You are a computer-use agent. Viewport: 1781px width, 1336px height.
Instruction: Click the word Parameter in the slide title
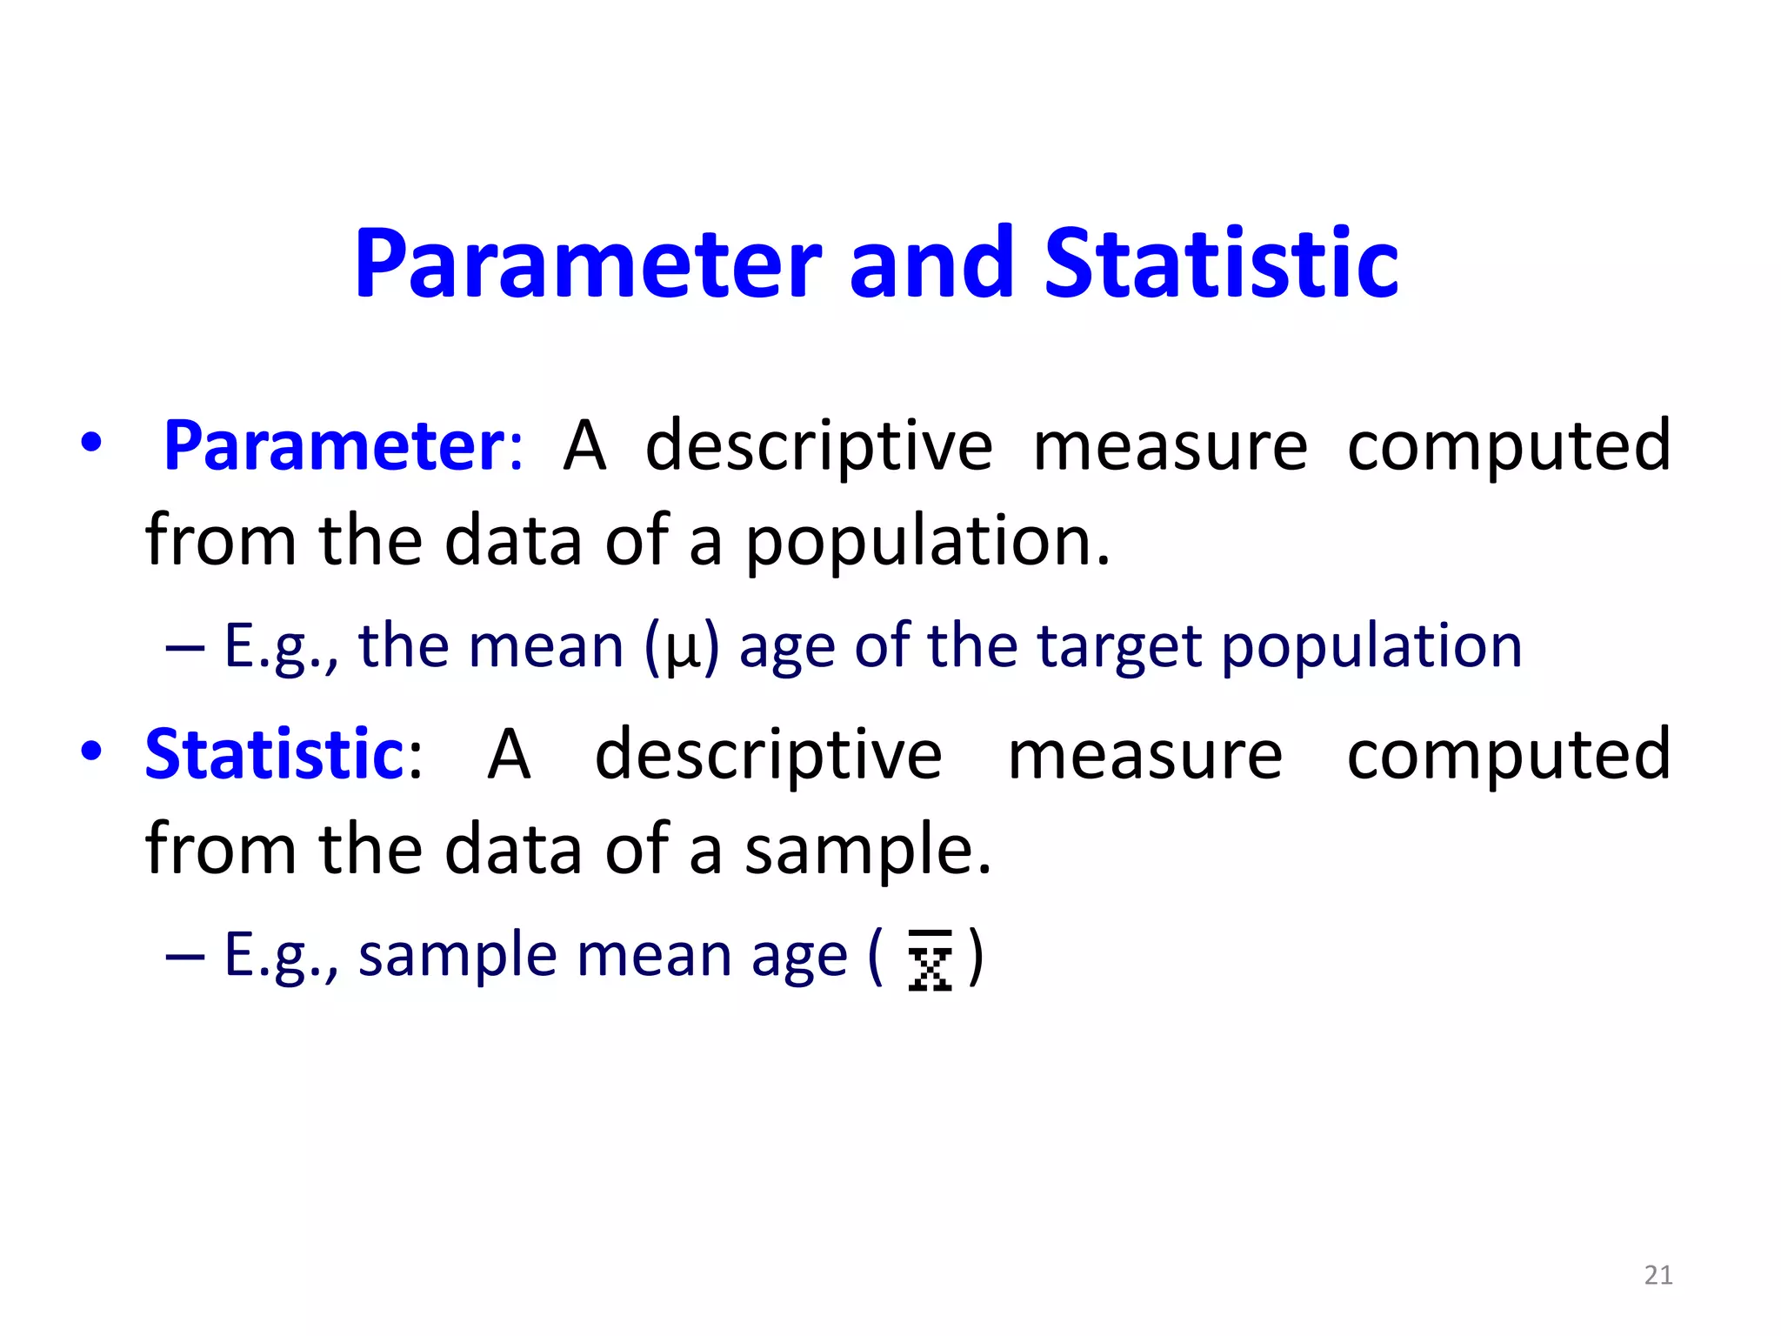pos(587,264)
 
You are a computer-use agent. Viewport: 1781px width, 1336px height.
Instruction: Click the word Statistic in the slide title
pos(1221,264)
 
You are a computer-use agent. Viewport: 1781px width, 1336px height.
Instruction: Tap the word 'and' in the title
pos(931,264)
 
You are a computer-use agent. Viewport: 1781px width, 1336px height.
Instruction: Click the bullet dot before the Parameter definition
pos(90,443)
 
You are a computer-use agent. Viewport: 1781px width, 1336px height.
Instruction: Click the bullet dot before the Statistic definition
pos(90,750)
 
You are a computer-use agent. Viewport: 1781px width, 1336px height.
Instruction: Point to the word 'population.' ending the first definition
pos(928,542)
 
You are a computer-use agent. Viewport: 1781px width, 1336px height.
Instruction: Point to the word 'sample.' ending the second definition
pos(867,850)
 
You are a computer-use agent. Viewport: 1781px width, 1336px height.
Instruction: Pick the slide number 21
pos(1658,1275)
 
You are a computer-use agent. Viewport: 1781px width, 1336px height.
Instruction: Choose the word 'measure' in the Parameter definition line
pos(1170,446)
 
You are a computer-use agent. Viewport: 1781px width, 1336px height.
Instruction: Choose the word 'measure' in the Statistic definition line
pos(1144,754)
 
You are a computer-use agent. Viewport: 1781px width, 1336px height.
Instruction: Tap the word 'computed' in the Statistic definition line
pos(1508,754)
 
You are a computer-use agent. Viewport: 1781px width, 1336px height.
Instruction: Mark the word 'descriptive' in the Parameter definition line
pos(818,446)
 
